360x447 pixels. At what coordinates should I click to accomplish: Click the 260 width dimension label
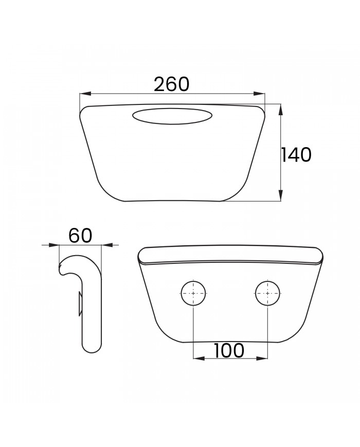coord(172,84)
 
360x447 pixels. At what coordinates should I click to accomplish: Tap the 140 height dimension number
coord(296,154)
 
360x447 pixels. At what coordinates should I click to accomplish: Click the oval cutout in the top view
coord(172,116)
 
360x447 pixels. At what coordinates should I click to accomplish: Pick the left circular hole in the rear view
coord(193,293)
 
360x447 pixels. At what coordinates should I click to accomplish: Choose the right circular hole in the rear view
coord(268,293)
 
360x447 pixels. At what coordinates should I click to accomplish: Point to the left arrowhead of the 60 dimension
coord(55,245)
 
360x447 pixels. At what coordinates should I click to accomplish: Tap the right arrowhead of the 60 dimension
coord(106,245)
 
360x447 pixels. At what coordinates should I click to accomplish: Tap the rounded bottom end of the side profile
coord(92,348)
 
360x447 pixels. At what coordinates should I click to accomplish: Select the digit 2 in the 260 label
coord(160,84)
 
